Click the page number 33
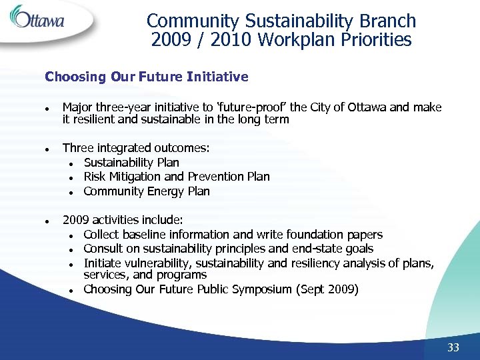tap(454, 347)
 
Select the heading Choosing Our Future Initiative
tap(146, 77)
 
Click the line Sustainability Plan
tap(131, 163)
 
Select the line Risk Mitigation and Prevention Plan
tap(177, 177)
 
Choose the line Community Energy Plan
tap(147, 191)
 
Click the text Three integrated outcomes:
tap(136, 148)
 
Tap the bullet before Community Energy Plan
tap(71, 192)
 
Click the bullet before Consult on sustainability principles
tap(71, 249)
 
